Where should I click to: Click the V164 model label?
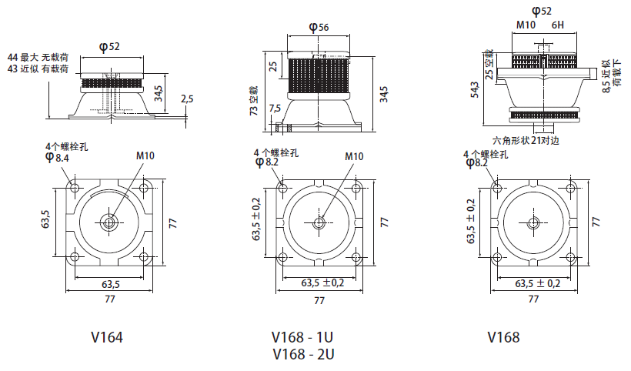pos(107,337)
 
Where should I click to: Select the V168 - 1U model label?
pos(302,337)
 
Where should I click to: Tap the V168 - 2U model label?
pos(302,354)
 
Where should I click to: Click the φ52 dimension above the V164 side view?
pos(110,46)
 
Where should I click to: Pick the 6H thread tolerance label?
pos(558,25)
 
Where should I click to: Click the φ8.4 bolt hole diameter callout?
pos(58,157)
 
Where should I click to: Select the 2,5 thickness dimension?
pos(187,99)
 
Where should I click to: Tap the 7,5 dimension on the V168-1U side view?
pos(275,109)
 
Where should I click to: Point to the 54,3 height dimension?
pos(476,89)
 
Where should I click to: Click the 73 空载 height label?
pos(253,100)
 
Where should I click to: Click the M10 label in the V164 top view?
pos(145,155)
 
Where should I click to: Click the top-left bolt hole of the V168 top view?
pos(498,188)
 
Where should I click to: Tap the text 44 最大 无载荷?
pos(38,58)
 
